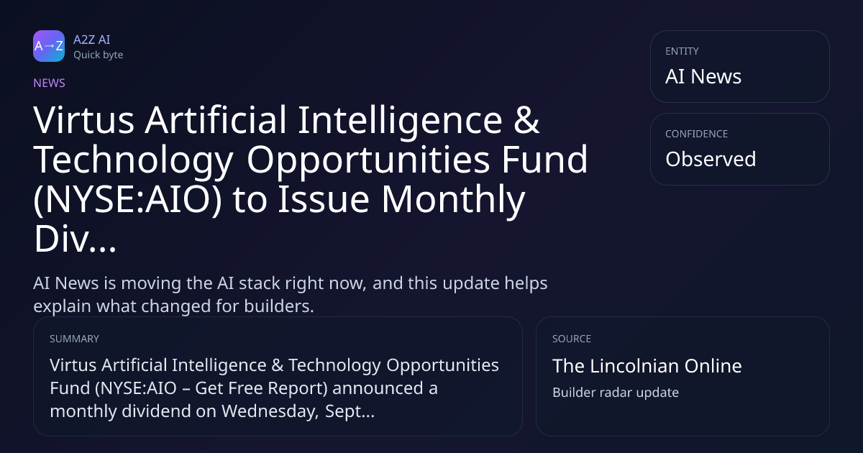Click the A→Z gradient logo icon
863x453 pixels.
tap(49, 46)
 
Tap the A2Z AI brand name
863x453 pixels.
tap(92, 40)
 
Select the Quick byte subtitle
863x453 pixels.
tap(99, 55)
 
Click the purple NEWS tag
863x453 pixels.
tap(49, 83)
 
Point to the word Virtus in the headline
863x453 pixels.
tap(83, 120)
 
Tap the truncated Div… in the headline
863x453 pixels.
tap(75, 239)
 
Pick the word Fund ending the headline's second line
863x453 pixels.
tap(544, 160)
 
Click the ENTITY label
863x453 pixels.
tap(682, 51)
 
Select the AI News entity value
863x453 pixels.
tap(703, 76)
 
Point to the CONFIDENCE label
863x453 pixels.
tap(697, 134)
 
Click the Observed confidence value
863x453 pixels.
tap(711, 159)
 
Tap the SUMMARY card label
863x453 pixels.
tap(74, 339)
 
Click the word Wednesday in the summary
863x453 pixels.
tap(270, 411)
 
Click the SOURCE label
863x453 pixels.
tap(571, 339)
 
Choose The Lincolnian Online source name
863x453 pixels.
tap(647, 366)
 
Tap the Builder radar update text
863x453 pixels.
tap(616, 393)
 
